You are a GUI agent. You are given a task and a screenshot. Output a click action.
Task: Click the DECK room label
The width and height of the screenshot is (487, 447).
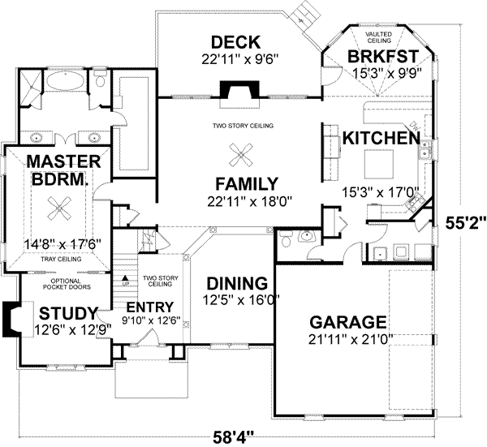(235, 42)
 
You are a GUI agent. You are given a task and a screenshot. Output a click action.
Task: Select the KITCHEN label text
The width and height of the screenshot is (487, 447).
(374, 138)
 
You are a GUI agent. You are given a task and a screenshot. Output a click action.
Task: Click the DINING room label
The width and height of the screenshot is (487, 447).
(236, 284)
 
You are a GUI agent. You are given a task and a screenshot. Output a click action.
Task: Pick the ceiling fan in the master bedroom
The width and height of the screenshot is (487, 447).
(58, 208)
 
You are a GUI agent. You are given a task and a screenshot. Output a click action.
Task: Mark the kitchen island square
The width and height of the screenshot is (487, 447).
(378, 164)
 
